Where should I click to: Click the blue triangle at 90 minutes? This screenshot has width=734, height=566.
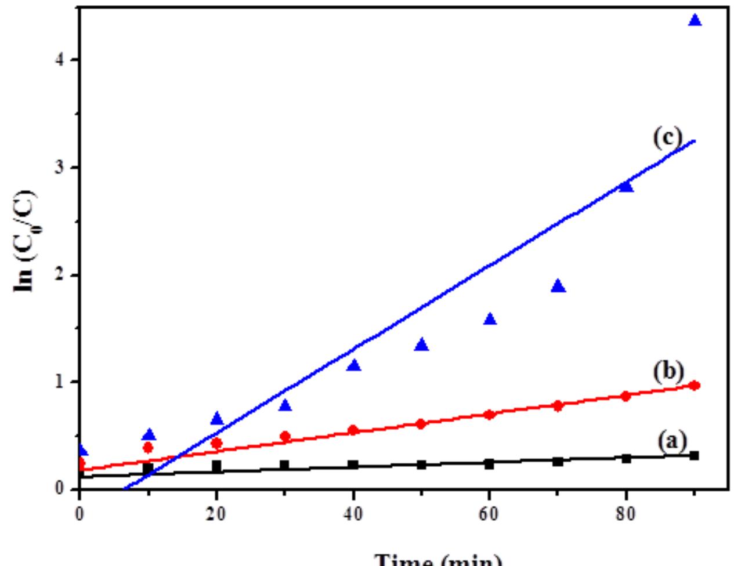(x=695, y=21)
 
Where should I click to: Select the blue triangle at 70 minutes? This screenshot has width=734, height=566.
(x=558, y=286)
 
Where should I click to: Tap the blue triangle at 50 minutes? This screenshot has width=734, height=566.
(x=422, y=345)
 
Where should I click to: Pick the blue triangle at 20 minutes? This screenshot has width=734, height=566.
(x=217, y=419)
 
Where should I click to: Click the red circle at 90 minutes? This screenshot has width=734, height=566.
(x=695, y=386)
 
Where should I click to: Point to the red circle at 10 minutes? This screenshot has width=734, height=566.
(x=148, y=447)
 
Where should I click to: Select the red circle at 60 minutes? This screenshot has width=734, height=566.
(x=490, y=415)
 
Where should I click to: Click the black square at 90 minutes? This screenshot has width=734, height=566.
(x=694, y=456)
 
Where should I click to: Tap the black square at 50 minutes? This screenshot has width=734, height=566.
(x=422, y=465)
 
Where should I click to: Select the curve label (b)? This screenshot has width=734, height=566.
(x=668, y=371)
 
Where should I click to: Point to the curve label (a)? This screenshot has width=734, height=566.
(x=672, y=442)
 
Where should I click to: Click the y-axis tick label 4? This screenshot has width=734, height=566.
(x=59, y=60)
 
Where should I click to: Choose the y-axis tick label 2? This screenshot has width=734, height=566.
(x=59, y=275)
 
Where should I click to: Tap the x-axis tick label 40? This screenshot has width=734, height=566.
(x=353, y=515)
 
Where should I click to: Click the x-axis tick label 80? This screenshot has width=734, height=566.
(x=626, y=515)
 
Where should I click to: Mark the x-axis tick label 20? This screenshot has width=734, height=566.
(x=216, y=515)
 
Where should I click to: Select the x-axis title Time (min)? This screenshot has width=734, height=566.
(x=439, y=560)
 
